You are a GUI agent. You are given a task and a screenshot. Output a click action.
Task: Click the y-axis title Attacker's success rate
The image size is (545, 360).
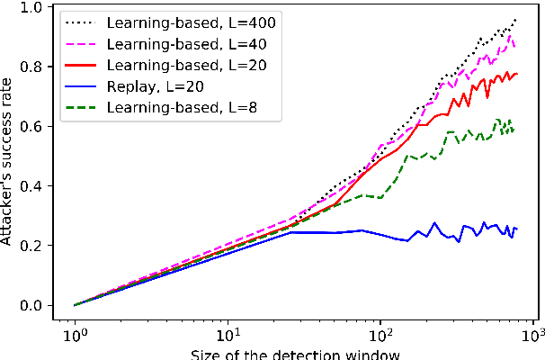point(9,162)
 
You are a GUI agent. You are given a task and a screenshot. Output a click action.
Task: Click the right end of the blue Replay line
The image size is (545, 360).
point(517,229)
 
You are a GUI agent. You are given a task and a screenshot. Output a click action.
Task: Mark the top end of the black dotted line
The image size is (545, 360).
point(517,19)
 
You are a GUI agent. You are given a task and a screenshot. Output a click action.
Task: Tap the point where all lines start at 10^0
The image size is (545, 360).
point(75,305)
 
